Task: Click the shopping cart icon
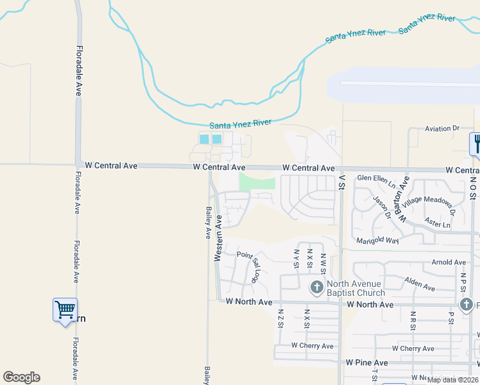[x=65, y=310]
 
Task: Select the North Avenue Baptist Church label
[x=356, y=289]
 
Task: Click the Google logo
[x=21, y=377]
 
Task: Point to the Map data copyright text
[x=452, y=380]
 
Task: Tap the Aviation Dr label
[x=442, y=128]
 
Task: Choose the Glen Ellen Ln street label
[x=378, y=178]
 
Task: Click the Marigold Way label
[x=378, y=241]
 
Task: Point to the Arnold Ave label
[x=449, y=262]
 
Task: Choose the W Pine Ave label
[x=366, y=363]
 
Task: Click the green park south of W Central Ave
[x=257, y=182]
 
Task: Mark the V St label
[x=342, y=182]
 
